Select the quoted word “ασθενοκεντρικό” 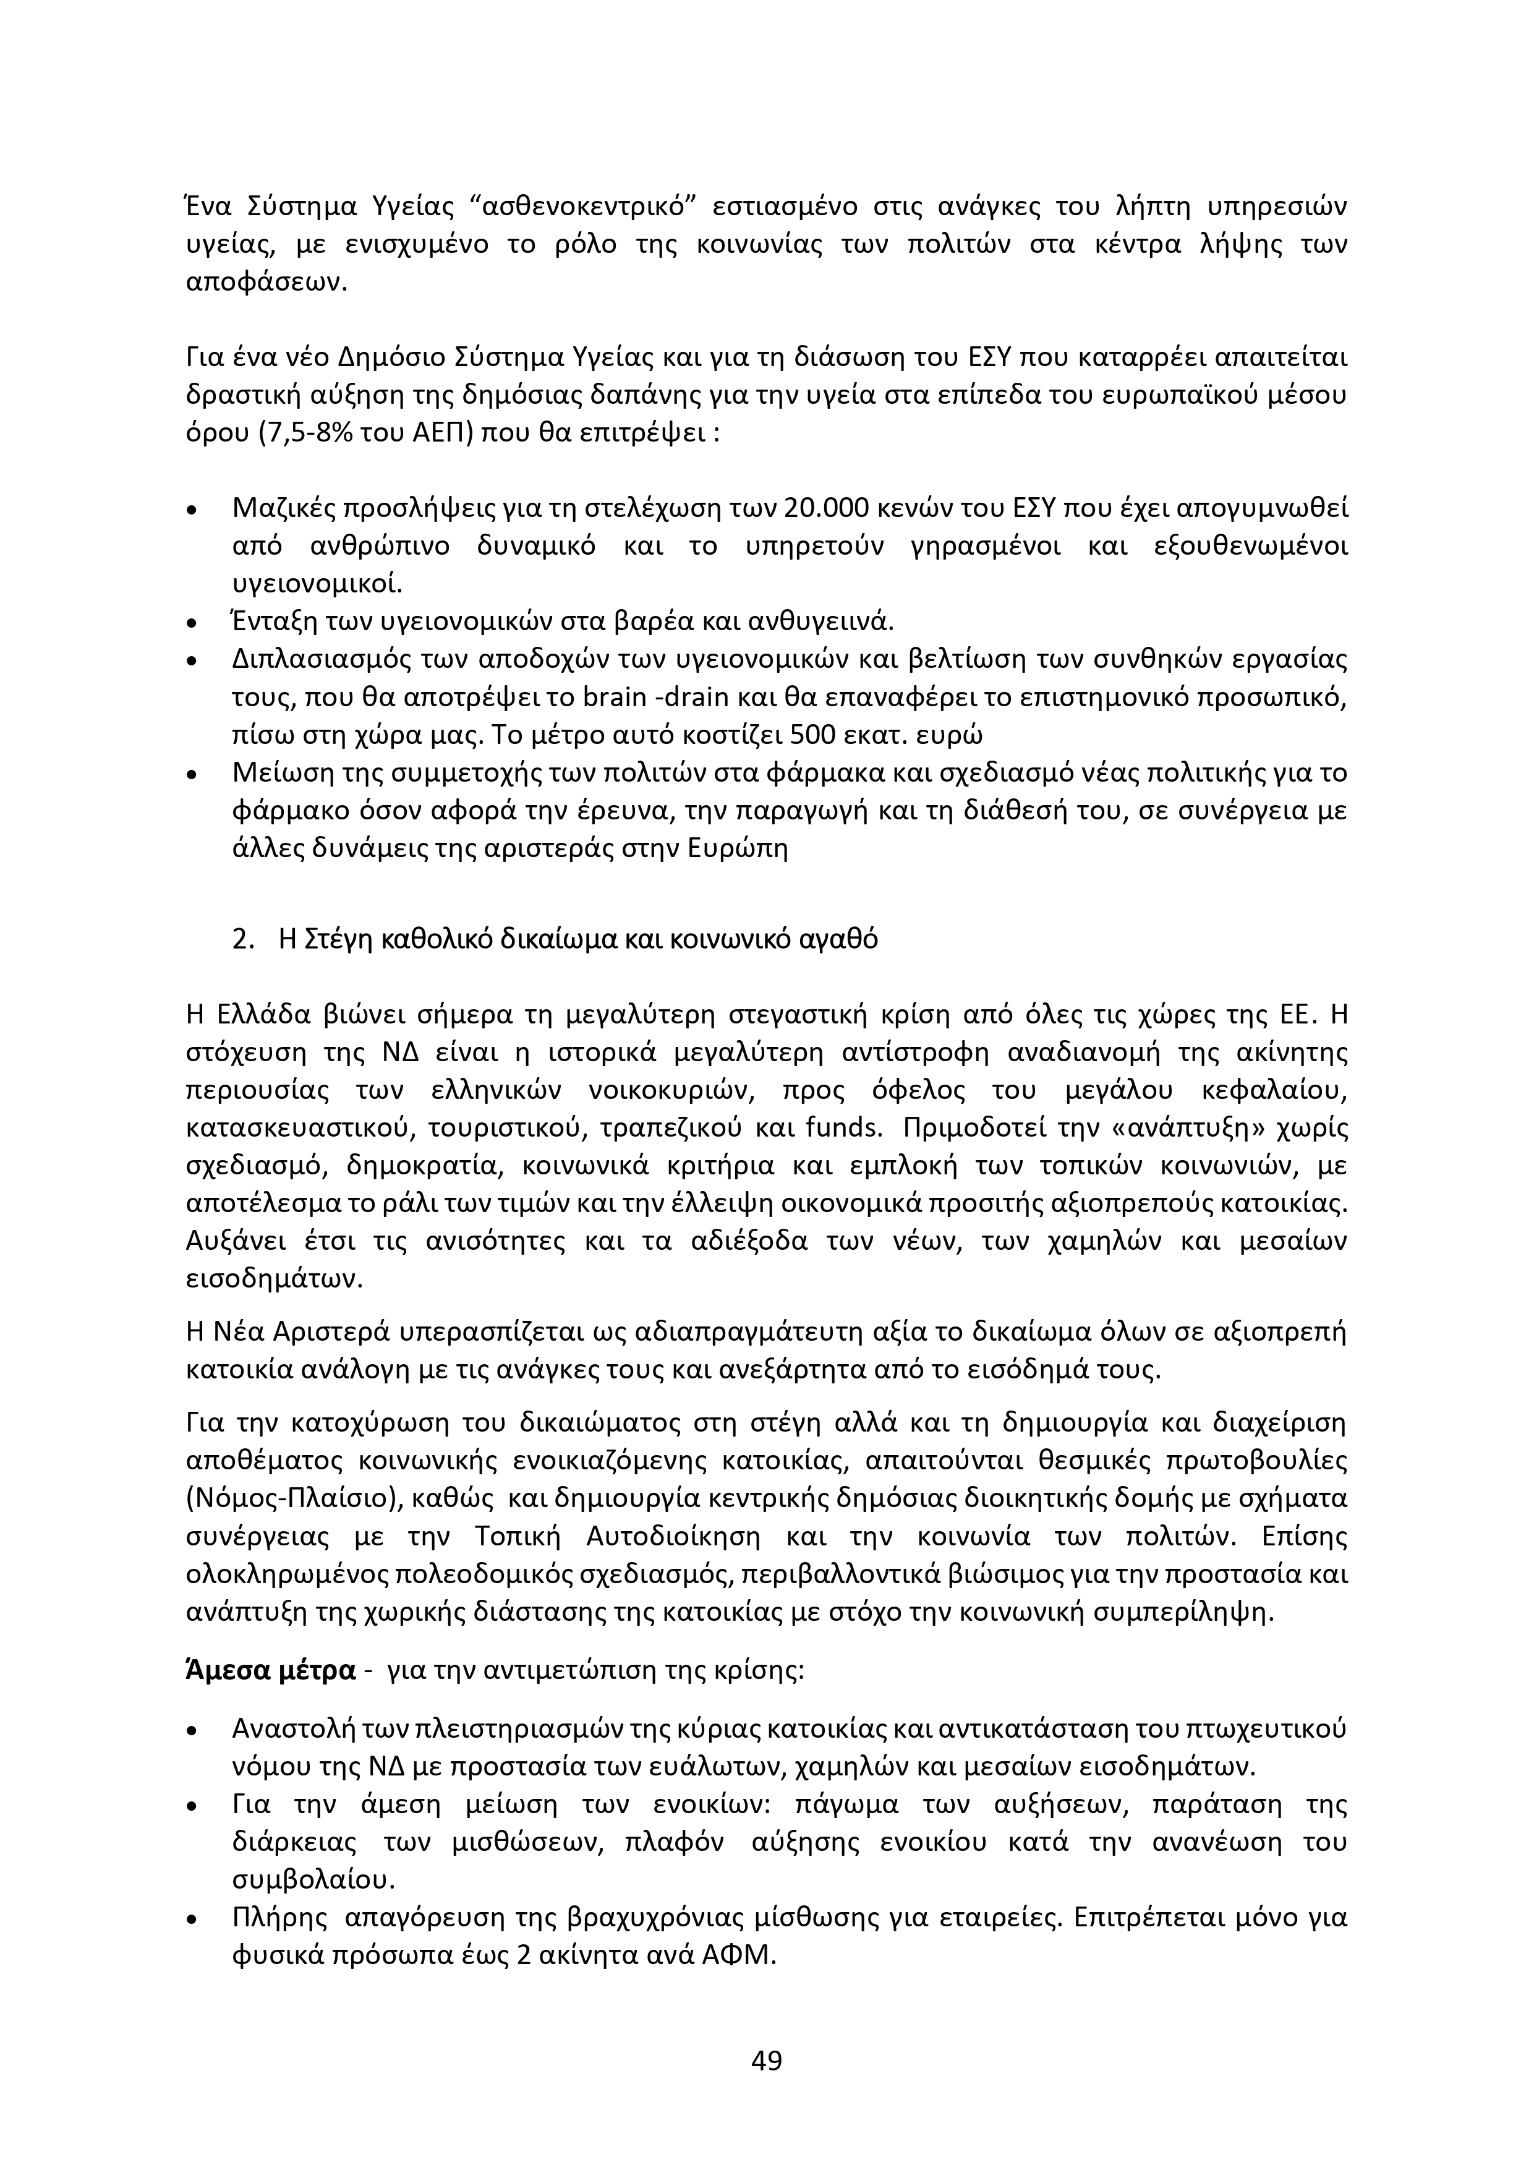583,206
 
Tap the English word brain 615,698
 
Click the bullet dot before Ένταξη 192,624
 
